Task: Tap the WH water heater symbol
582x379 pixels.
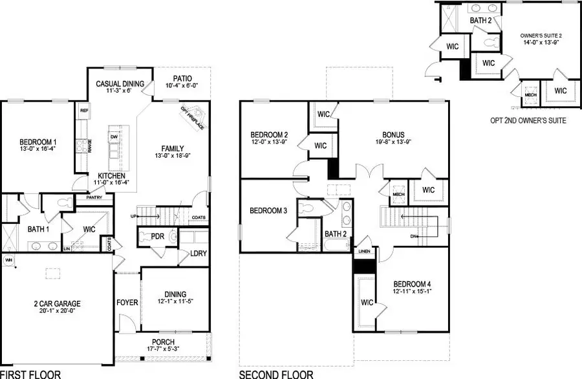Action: coord(9,259)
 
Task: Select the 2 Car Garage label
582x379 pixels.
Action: coord(58,303)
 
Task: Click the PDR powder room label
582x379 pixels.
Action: coord(157,237)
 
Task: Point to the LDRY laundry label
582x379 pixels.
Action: coord(199,254)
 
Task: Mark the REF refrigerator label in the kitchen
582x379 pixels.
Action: coord(84,111)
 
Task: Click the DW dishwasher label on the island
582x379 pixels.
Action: coord(114,136)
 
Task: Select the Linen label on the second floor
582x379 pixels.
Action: coord(365,251)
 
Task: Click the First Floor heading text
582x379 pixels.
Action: coord(30,374)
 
